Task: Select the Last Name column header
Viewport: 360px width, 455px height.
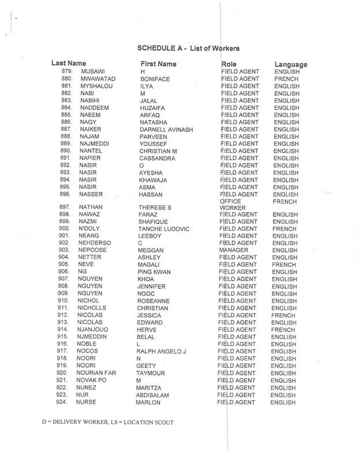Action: coord(69,63)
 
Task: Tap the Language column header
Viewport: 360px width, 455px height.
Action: coord(290,64)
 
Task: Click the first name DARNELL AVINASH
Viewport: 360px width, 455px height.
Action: coord(166,130)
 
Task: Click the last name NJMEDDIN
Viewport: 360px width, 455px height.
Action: coord(98,337)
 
